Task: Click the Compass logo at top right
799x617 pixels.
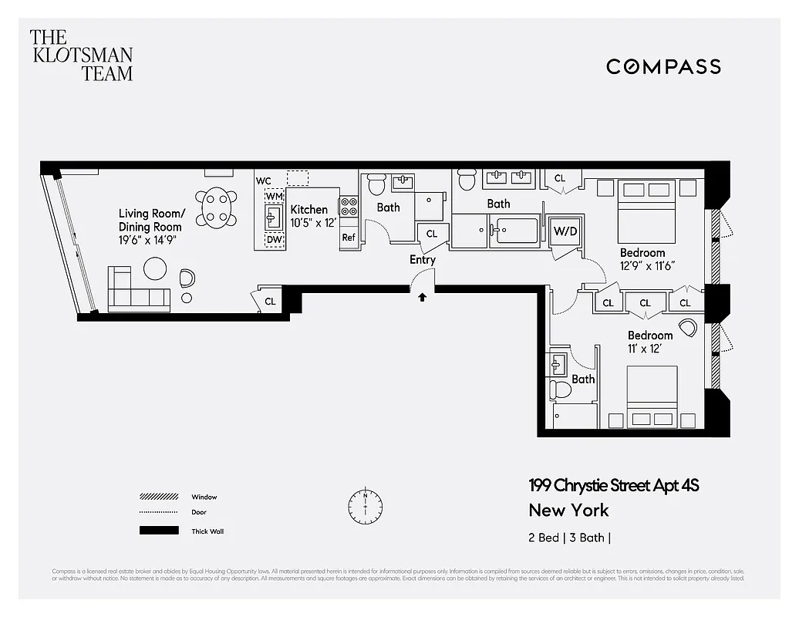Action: tap(663, 66)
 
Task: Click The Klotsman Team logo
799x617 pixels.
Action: tap(81, 55)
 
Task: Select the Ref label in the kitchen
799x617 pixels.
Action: tap(349, 238)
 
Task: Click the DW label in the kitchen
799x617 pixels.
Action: tap(274, 240)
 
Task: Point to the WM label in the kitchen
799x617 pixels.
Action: tap(274, 197)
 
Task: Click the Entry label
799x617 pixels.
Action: tap(422, 260)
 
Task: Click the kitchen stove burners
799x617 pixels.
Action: tap(349, 206)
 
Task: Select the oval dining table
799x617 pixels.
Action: tap(216, 207)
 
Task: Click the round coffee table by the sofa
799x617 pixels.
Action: tap(155, 268)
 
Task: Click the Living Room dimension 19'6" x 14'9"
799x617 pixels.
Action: tap(150, 240)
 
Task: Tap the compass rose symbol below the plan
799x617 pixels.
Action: tap(365, 505)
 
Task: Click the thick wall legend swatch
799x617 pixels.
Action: tap(158, 531)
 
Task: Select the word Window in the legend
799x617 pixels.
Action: tap(204, 497)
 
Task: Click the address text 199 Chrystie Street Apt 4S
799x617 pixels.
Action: tap(613, 485)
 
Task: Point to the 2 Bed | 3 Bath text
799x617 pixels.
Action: tap(569, 538)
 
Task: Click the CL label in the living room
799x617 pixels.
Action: tap(270, 301)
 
